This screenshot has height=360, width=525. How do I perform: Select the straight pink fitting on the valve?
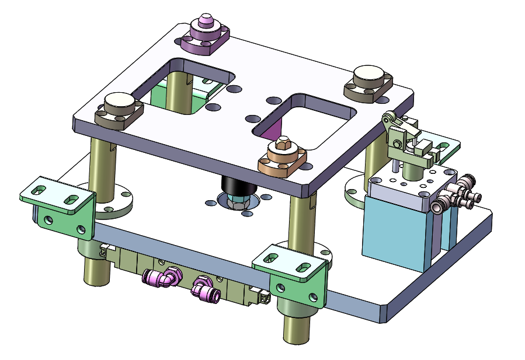205,289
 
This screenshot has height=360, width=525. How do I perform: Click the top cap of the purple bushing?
205,22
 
